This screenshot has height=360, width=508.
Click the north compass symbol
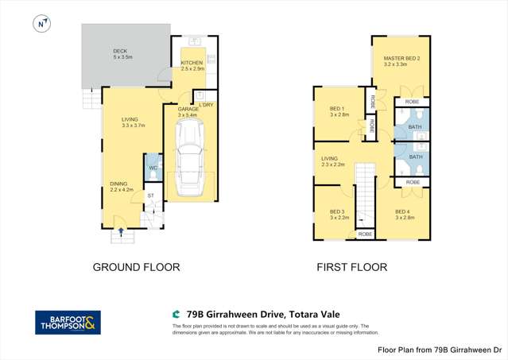pyautogui.click(x=40, y=25)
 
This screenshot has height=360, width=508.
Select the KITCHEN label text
pyautogui.click(x=192, y=63)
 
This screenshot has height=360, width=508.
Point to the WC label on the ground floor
pyautogui.click(x=153, y=168)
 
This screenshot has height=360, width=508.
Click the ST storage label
pyautogui.click(x=150, y=195)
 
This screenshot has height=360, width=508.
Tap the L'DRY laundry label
pyautogui.click(x=206, y=105)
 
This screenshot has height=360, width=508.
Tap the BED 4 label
pyautogui.click(x=405, y=211)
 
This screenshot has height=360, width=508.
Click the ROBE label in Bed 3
pyautogui.click(x=365, y=234)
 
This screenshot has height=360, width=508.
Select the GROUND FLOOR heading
pyautogui.click(x=137, y=267)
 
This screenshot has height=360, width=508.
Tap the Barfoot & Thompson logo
pyautogui.click(x=68, y=322)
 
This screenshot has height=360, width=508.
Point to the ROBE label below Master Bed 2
pyautogui.click(x=412, y=102)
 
